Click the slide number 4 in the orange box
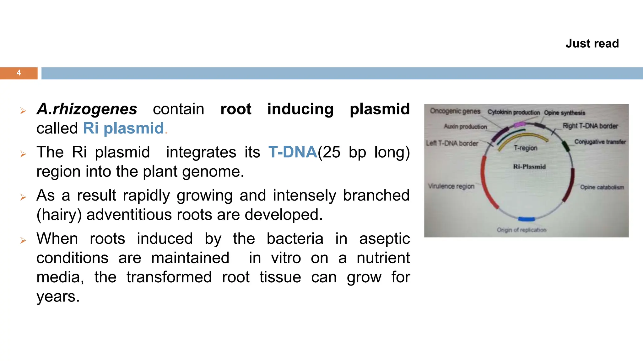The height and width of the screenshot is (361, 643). click(x=19, y=73)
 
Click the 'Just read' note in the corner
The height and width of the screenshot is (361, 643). click(x=592, y=44)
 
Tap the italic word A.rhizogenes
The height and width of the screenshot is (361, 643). click(x=87, y=109)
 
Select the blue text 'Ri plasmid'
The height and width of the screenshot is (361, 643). click(x=123, y=128)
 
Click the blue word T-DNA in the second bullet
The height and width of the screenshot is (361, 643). click(x=293, y=152)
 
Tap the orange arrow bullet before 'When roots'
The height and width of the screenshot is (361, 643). click(x=23, y=240)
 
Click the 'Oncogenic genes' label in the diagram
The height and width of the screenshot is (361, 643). click(x=455, y=111)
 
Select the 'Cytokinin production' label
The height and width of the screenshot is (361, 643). click(x=513, y=112)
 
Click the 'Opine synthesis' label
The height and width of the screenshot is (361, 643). click(x=565, y=113)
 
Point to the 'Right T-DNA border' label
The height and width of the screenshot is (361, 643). click(x=590, y=126)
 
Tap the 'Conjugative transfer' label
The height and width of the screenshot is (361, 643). click(x=600, y=142)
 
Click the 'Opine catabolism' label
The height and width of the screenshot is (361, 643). click(x=602, y=187)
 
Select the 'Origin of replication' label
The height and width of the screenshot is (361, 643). click(x=521, y=230)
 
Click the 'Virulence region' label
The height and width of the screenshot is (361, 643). click(x=451, y=186)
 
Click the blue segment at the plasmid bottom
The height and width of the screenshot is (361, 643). click(x=527, y=219)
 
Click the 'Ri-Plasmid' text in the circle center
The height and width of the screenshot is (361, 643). click(x=529, y=167)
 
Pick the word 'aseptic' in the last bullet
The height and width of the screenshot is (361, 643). click(x=384, y=239)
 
